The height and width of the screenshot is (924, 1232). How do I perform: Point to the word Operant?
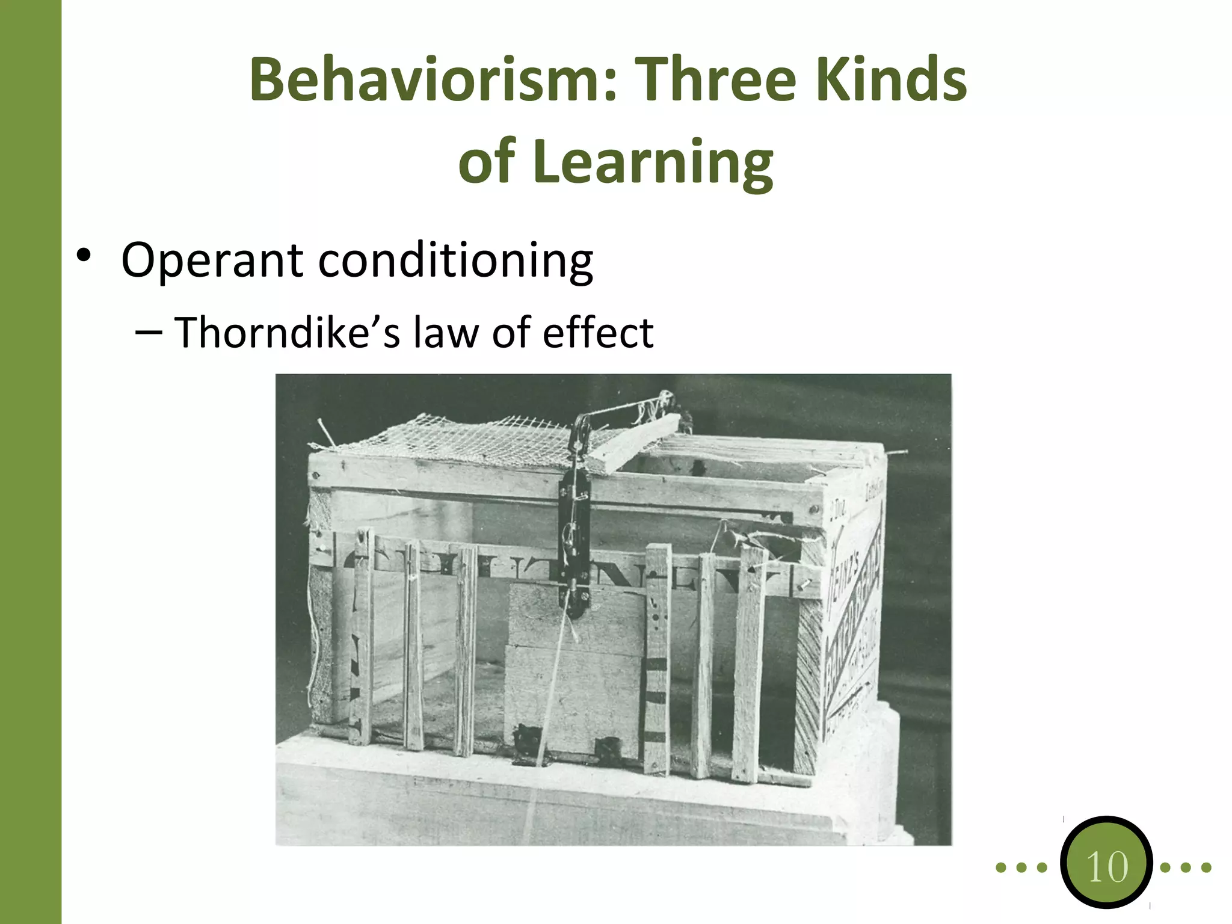212,261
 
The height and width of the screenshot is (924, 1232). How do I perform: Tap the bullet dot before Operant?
84,256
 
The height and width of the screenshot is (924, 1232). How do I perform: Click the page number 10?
1106,866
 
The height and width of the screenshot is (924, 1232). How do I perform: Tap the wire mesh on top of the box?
457,442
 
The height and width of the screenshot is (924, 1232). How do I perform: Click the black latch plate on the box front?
574,541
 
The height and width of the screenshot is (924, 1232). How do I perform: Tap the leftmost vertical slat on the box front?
362,638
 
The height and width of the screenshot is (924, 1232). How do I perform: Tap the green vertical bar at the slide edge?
30,462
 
